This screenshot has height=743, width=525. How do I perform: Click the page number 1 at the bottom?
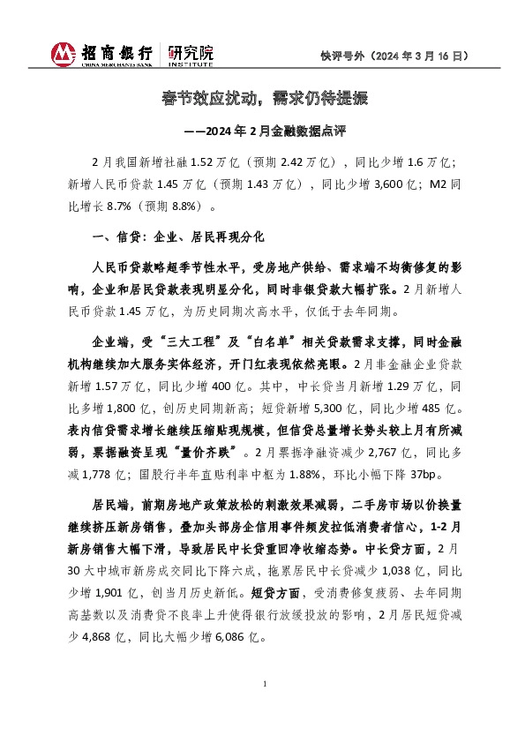[264, 685]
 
